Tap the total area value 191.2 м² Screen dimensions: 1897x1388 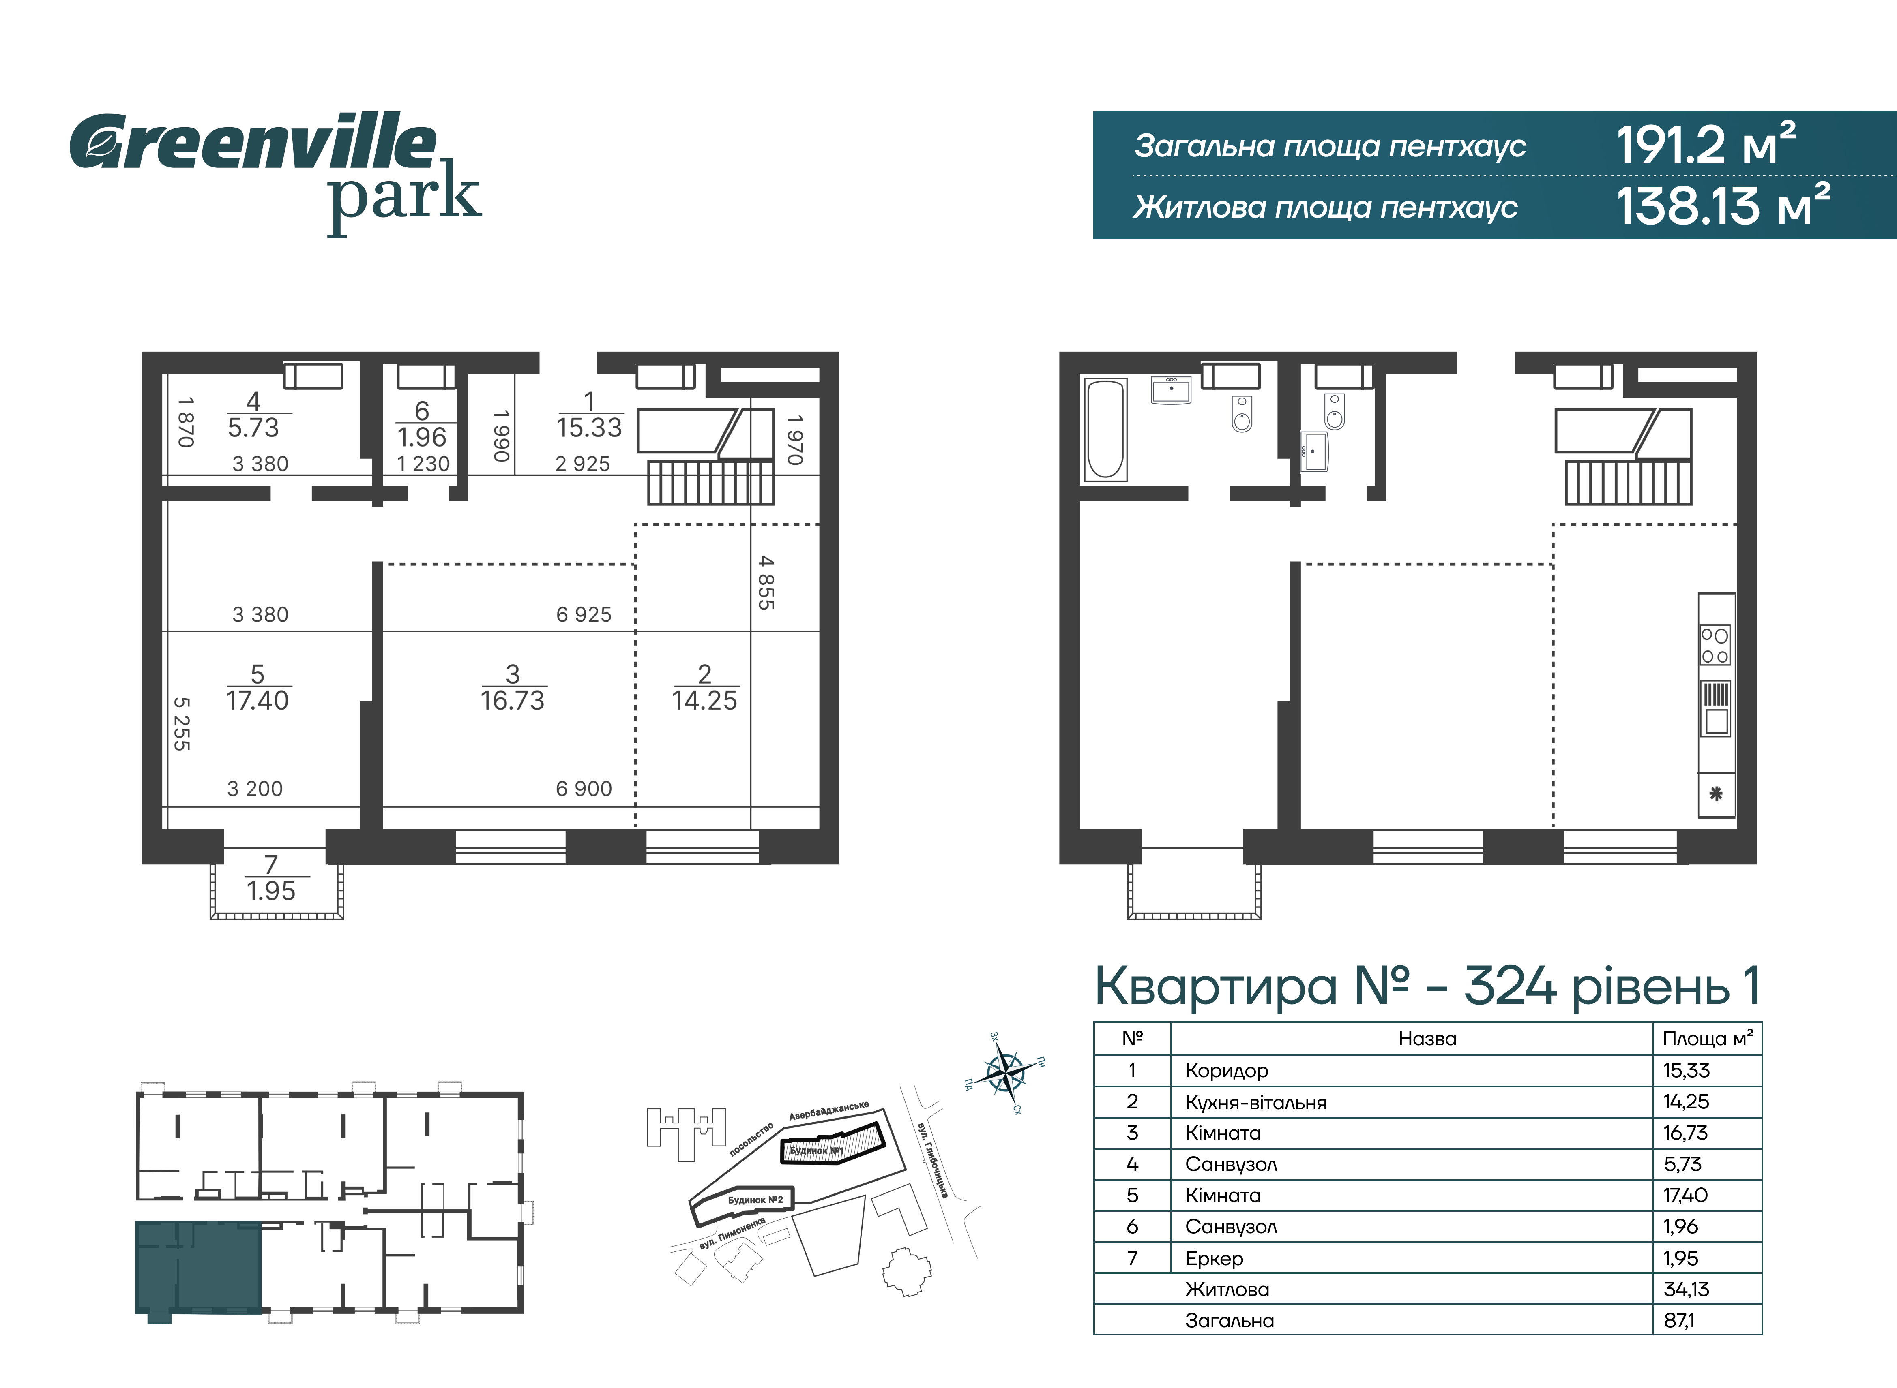(1706, 144)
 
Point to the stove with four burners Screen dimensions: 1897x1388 (1715, 645)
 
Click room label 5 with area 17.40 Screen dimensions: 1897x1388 (257, 687)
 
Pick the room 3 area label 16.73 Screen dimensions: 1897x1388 (513, 687)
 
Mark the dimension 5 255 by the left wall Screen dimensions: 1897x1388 (182, 723)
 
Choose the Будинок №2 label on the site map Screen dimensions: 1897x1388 (755, 1200)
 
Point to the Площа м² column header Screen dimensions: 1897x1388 (1708, 1039)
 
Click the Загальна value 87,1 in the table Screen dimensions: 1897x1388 (1679, 1320)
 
